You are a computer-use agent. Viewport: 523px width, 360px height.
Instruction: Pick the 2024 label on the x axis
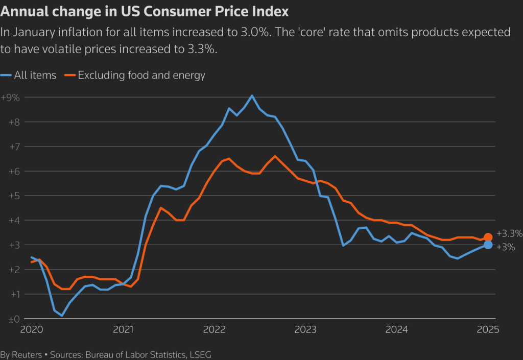(397, 329)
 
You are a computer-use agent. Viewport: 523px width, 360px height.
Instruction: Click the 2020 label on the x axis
(32, 329)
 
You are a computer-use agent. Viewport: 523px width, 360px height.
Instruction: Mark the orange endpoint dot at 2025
(488, 237)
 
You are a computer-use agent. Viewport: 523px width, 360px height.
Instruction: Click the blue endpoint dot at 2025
(488, 245)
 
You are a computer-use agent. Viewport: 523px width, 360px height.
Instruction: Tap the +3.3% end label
(509, 234)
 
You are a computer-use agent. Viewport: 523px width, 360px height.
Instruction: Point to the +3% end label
(506, 247)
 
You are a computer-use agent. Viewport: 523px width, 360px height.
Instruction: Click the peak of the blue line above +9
(252, 95)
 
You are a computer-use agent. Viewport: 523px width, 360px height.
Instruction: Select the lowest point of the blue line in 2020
(62, 316)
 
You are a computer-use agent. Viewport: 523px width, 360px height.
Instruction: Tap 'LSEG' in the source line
(200, 354)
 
